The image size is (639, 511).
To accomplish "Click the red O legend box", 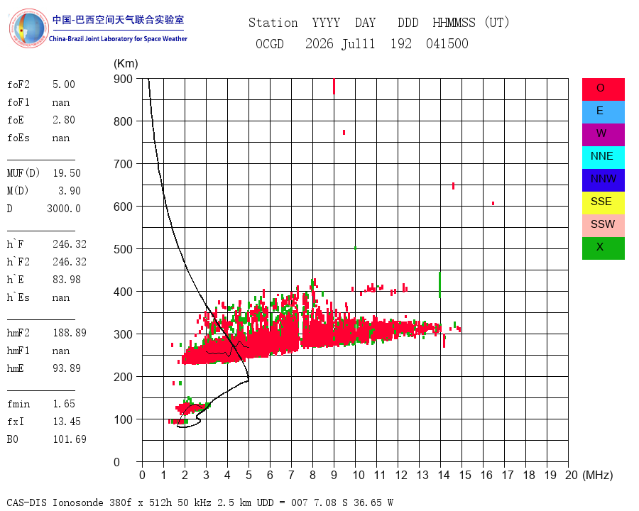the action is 603,89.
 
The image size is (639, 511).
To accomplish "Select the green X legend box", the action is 603,248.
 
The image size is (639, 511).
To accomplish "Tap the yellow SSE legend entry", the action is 603,203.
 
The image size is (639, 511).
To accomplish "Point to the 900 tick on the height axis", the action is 123,79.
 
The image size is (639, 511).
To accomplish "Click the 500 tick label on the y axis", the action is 123,249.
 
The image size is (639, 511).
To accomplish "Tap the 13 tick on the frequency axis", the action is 422,475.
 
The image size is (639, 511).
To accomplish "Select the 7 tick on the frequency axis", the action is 291,475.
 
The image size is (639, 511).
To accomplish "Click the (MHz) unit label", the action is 598,475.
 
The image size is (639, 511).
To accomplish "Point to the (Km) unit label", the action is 126,64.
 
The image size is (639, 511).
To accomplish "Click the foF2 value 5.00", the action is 64,84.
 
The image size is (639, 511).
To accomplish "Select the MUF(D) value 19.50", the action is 67,173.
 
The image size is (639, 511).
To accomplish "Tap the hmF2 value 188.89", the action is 70,333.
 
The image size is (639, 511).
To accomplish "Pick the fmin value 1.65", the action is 64,404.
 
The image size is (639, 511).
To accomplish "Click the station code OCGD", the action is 270,43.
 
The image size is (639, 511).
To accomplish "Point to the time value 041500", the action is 447,43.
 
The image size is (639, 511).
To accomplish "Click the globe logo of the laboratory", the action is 28,28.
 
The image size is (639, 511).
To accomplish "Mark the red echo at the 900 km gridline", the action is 334,87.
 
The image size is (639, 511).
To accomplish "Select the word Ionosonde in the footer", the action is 78,502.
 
